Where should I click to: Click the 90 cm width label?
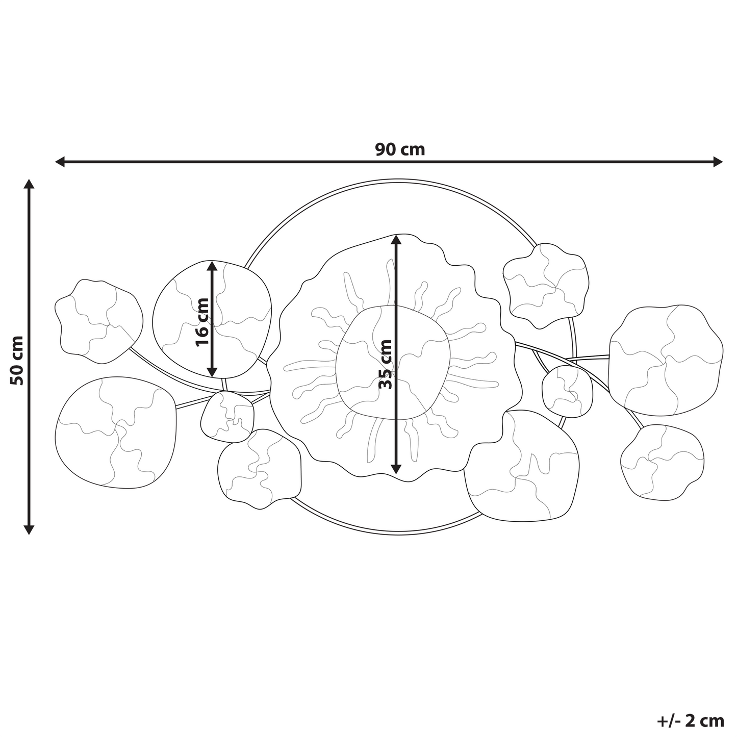(400, 149)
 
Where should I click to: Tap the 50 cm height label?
(17, 361)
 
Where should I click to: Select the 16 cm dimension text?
(202, 322)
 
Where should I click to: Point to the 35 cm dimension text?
(385, 364)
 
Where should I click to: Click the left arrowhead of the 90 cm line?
(60, 162)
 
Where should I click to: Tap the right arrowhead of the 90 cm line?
(718, 162)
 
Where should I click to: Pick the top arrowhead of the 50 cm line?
(29, 184)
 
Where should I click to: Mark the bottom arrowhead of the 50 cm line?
(29, 529)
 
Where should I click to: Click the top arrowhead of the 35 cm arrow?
(397, 240)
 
